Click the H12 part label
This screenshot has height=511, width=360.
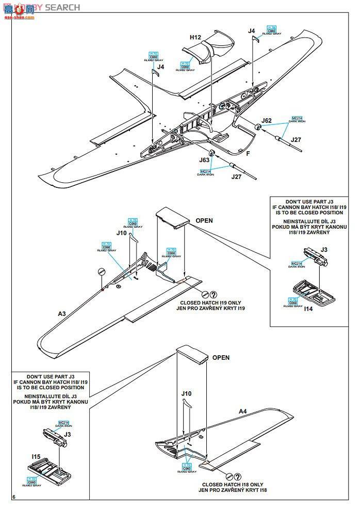click(x=195, y=37)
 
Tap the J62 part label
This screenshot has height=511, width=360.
click(x=266, y=121)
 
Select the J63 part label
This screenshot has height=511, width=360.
click(x=205, y=161)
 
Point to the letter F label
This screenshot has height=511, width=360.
click(x=248, y=153)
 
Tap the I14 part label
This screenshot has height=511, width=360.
click(x=308, y=308)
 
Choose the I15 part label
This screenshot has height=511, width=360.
click(x=36, y=456)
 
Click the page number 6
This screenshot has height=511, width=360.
click(x=14, y=496)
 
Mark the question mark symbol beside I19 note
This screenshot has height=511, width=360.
click(x=213, y=294)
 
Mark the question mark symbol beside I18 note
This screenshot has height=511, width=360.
click(x=238, y=475)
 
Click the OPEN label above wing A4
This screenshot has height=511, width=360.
click(x=221, y=357)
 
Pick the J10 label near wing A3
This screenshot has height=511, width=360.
click(x=121, y=233)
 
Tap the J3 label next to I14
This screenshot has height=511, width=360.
click(x=324, y=250)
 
